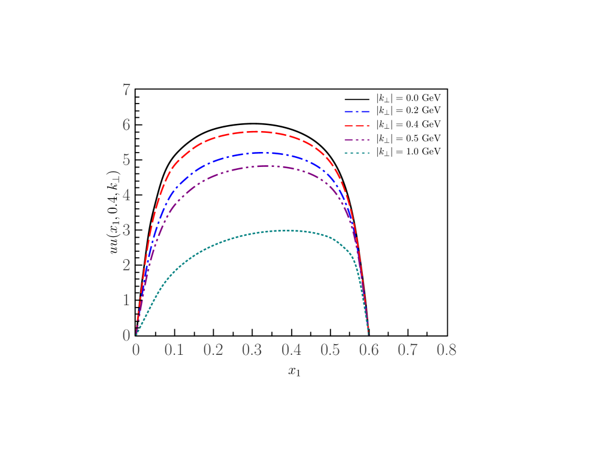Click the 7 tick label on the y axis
point(126,90)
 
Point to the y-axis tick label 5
point(126,160)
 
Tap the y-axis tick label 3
point(126,230)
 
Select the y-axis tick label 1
point(126,300)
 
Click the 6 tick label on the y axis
point(126,125)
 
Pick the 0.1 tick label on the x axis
point(174,350)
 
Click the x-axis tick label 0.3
point(252,350)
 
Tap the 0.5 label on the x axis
point(330,350)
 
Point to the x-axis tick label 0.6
point(369,350)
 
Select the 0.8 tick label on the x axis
point(447,350)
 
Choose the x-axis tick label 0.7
point(408,350)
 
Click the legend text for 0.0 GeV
point(408,98)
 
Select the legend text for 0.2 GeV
point(408,111)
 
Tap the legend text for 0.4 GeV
point(408,124)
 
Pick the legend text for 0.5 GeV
point(408,138)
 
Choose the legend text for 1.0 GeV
point(408,151)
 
